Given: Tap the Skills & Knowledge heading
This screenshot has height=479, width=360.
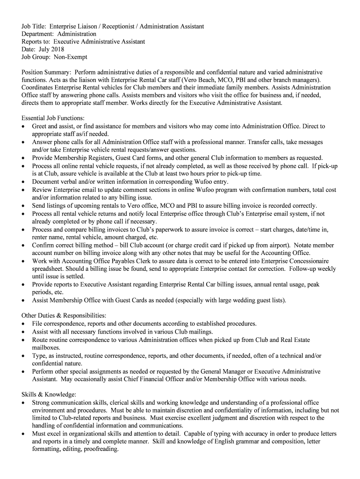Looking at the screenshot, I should click(49, 394).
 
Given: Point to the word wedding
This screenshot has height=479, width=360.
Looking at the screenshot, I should click(240, 300).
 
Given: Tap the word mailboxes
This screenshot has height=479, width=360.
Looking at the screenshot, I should click(46, 348).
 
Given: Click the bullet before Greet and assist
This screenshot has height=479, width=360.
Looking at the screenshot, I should click(24, 126).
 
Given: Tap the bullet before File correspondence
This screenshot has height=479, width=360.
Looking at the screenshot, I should click(24, 324).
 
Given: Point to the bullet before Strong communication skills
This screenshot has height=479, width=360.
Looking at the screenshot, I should click(24, 403).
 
